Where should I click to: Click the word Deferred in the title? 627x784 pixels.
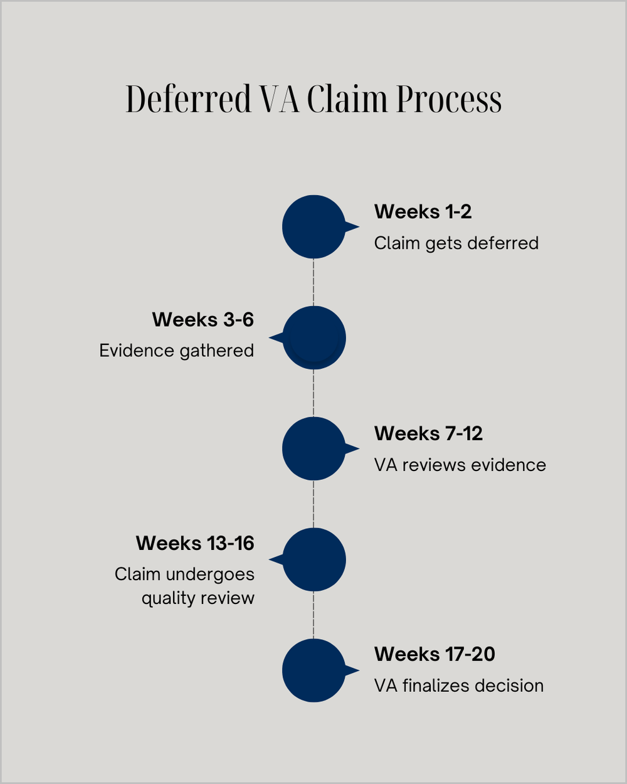188,99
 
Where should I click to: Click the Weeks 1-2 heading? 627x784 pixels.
423,212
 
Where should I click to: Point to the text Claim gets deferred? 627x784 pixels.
456,243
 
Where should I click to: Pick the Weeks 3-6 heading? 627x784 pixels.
203,320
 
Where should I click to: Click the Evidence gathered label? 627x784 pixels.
176,351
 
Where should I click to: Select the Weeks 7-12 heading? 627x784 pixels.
428,433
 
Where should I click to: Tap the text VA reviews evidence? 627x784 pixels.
460,465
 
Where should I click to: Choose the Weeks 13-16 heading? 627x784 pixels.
195,543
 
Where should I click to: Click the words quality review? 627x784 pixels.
198,598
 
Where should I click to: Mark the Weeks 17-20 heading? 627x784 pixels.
435,654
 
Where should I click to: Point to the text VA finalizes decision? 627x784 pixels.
458,686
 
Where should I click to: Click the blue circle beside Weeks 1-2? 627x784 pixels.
313,226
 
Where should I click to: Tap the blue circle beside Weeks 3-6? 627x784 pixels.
313,337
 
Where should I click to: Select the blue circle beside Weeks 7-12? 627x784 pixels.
313,448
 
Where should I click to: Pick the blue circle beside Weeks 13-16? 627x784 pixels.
313,559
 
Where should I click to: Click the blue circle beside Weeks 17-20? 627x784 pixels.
313,670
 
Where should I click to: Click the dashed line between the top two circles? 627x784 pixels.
313,282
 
